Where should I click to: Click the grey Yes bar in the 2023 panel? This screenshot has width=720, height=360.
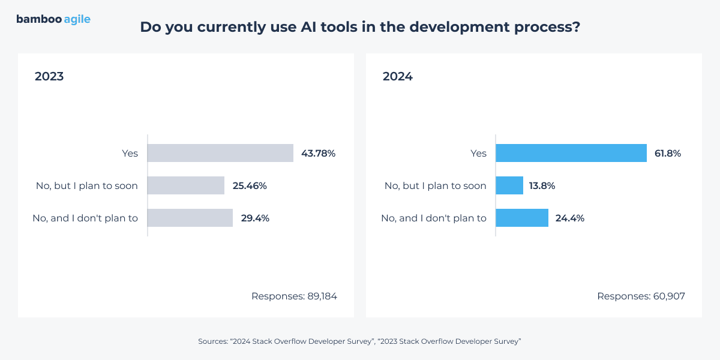point(220,153)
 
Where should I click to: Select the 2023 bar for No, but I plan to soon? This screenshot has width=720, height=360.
point(186,185)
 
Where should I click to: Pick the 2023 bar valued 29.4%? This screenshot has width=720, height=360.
point(190,218)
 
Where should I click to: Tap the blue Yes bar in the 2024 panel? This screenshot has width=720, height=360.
point(571,153)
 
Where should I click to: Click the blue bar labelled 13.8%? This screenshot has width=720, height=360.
point(509,185)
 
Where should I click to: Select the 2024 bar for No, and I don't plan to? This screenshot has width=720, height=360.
point(522,218)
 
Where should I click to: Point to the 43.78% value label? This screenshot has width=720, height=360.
point(318,153)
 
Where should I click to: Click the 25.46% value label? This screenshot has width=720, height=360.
point(250,185)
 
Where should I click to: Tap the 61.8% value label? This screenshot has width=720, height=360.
point(668,153)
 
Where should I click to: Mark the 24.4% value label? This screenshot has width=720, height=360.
point(569,218)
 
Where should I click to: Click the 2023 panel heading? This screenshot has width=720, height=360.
point(49,77)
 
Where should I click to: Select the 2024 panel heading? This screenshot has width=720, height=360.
point(398,77)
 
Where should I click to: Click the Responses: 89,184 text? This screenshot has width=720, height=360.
point(294,296)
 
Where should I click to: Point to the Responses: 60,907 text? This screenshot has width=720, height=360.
point(641,296)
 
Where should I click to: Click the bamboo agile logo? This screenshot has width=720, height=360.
point(53,19)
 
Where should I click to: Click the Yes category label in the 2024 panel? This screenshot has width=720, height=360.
point(478,153)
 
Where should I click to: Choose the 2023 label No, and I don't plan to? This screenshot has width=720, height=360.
point(85,218)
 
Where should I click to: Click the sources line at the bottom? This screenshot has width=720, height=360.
point(359,341)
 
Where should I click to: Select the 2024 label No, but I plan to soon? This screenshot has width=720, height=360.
point(435,185)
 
